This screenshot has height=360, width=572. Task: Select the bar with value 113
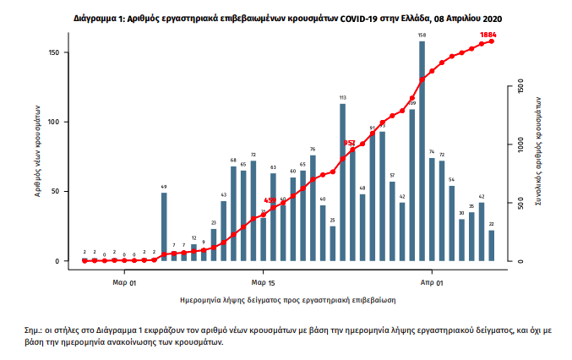coord(342,182)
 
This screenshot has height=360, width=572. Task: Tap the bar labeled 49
coord(164,226)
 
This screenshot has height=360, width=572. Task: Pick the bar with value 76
coord(313,207)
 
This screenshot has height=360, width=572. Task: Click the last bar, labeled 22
coord(492,245)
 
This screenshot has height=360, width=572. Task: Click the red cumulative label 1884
coord(488,35)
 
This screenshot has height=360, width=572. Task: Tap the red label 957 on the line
coord(350,143)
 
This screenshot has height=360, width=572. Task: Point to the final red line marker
coord(492,41)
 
